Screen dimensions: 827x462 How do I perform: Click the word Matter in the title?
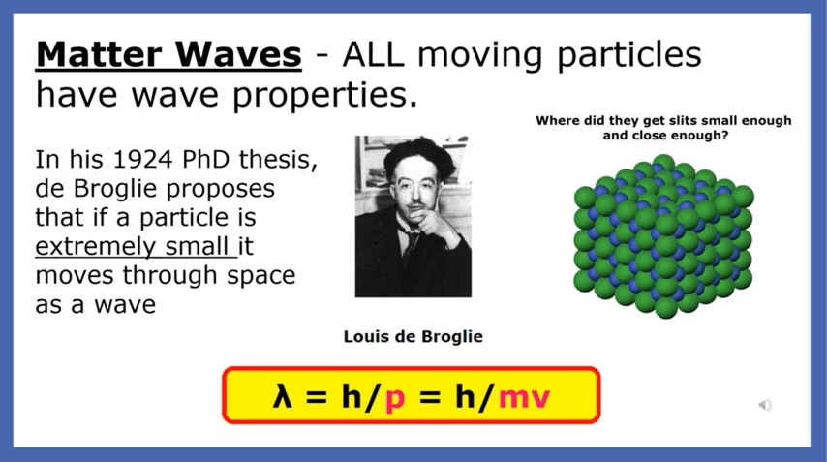(99, 54)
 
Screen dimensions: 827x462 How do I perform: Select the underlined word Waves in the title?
(238, 54)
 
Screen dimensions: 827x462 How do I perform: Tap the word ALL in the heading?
(373, 54)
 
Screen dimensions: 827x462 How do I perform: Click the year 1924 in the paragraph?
(143, 159)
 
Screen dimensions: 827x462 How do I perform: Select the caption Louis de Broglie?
(413, 336)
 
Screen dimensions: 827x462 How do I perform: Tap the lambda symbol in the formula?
(283, 395)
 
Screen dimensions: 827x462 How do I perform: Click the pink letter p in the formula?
(395, 399)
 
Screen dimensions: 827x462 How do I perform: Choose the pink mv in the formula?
(524, 398)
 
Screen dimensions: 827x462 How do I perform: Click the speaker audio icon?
(765, 405)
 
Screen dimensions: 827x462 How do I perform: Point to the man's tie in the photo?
(410, 241)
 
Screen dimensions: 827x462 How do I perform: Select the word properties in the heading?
(324, 96)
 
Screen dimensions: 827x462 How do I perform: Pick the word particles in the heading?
(629, 55)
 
